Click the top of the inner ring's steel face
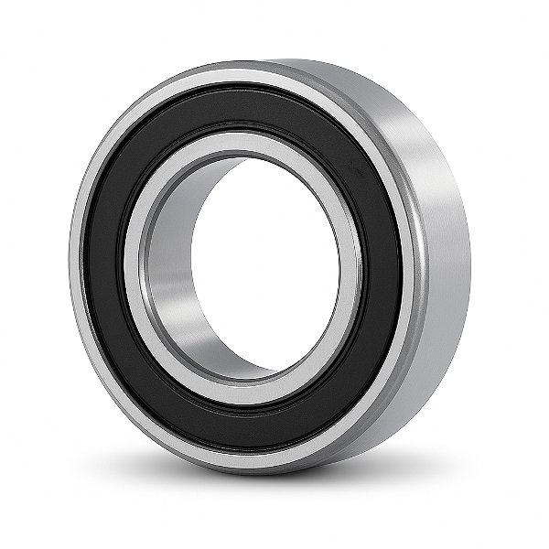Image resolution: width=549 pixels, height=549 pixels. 242,143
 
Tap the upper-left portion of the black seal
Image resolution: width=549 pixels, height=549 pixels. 146,156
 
